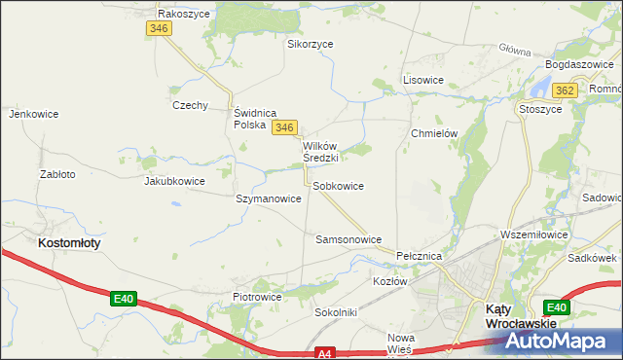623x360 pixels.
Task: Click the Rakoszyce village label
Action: pyautogui.click(x=184, y=15)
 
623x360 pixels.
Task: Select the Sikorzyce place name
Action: pyautogui.click(x=311, y=44)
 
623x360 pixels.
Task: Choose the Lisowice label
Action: pyautogui.click(x=423, y=80)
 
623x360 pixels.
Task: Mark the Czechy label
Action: pyautogui.click(x=190, y=105)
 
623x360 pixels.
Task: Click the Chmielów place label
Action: pyautogui.click(x=434, y=133)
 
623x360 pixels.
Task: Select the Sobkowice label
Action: pyautogui.click(x=339, y=186)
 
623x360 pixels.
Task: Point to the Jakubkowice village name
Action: pyautogui.click(x=174, y=181)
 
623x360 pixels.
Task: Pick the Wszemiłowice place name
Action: pyautogui.click(x=532, y=234)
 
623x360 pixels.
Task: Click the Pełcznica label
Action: pyautogui.click(x=421, y=256)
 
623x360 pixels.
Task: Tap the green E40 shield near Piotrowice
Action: pyautogui.click(x=122, y=299)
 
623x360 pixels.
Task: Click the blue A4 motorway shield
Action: pyautogui.click(x=325, y=354)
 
